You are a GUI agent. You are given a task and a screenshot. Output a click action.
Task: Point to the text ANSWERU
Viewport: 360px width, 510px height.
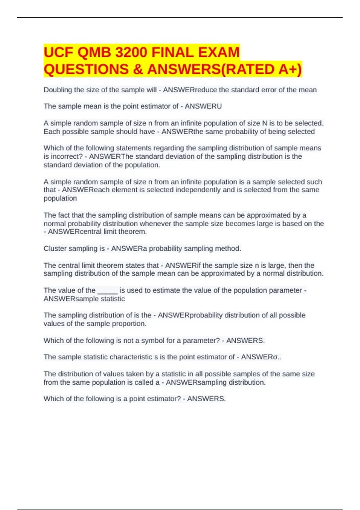203,106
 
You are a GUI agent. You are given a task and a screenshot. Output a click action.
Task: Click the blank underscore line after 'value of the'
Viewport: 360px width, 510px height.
107,290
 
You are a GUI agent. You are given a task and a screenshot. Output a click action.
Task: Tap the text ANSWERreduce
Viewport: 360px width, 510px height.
190,90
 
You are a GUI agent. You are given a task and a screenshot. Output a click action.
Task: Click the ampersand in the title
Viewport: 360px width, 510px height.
138,69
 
